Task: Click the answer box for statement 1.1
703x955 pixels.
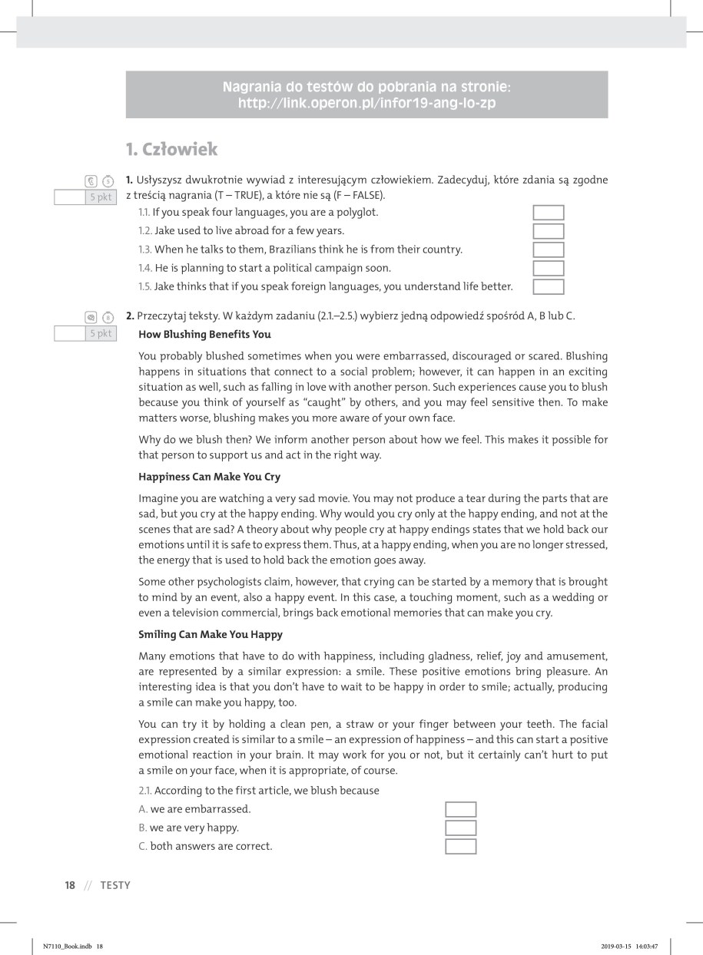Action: pos(548,213)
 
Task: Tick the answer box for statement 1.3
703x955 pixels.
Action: pos(548,249)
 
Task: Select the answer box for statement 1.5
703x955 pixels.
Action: pos(548,287)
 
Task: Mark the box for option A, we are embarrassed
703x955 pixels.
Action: pos(460,809)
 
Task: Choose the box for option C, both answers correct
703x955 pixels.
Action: pos(460,847)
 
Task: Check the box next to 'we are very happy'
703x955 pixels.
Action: pos(460,828)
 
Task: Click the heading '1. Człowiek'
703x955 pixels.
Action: pos(172,149)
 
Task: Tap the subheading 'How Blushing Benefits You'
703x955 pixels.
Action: pos(204,335)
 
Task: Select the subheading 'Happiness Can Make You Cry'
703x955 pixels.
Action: pos(209,477)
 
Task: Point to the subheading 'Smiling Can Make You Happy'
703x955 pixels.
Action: pos(211,635)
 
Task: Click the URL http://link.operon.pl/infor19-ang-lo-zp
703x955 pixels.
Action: pos(366,102)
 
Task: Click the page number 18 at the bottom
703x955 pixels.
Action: pos(70,885)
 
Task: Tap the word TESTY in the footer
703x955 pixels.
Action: pos(115,885)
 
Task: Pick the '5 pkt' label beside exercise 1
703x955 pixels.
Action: pos(100,197)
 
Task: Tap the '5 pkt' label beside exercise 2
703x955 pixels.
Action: pos(100,333)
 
